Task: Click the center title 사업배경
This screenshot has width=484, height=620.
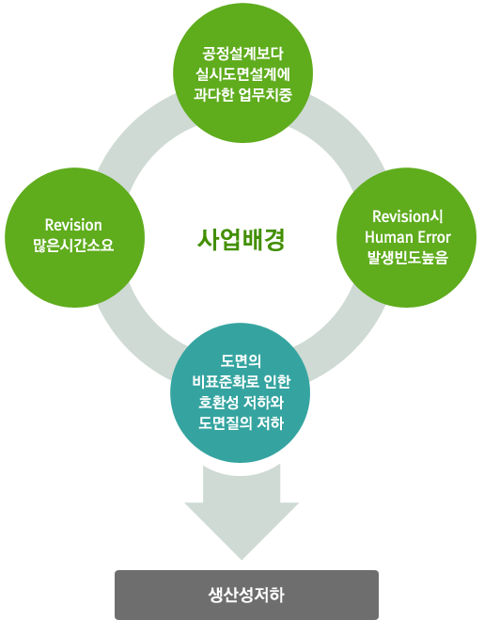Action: (x=241, y=239)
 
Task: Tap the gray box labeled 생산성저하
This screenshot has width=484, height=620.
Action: (x=246, y=595)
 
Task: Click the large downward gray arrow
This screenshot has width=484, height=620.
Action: (x=242, y=512)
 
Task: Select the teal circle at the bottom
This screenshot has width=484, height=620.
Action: (x=241, y=392)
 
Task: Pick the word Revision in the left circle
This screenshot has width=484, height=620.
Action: (x=73, y=225)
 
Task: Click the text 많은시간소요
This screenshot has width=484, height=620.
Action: (x=73, y=246)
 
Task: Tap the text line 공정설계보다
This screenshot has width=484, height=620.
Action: (x=242, y=54)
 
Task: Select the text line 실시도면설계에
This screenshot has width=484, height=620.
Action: (x=242, y=74)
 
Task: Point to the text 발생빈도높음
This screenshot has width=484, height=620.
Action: (x=408, y=258)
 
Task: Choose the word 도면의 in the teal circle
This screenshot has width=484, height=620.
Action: (x=241, y=360)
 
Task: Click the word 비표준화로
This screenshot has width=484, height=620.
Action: (x=225, y=382)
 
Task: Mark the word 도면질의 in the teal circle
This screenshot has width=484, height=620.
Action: (x=226, y=423)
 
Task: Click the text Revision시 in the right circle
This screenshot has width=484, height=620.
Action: (x=408, y=216)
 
